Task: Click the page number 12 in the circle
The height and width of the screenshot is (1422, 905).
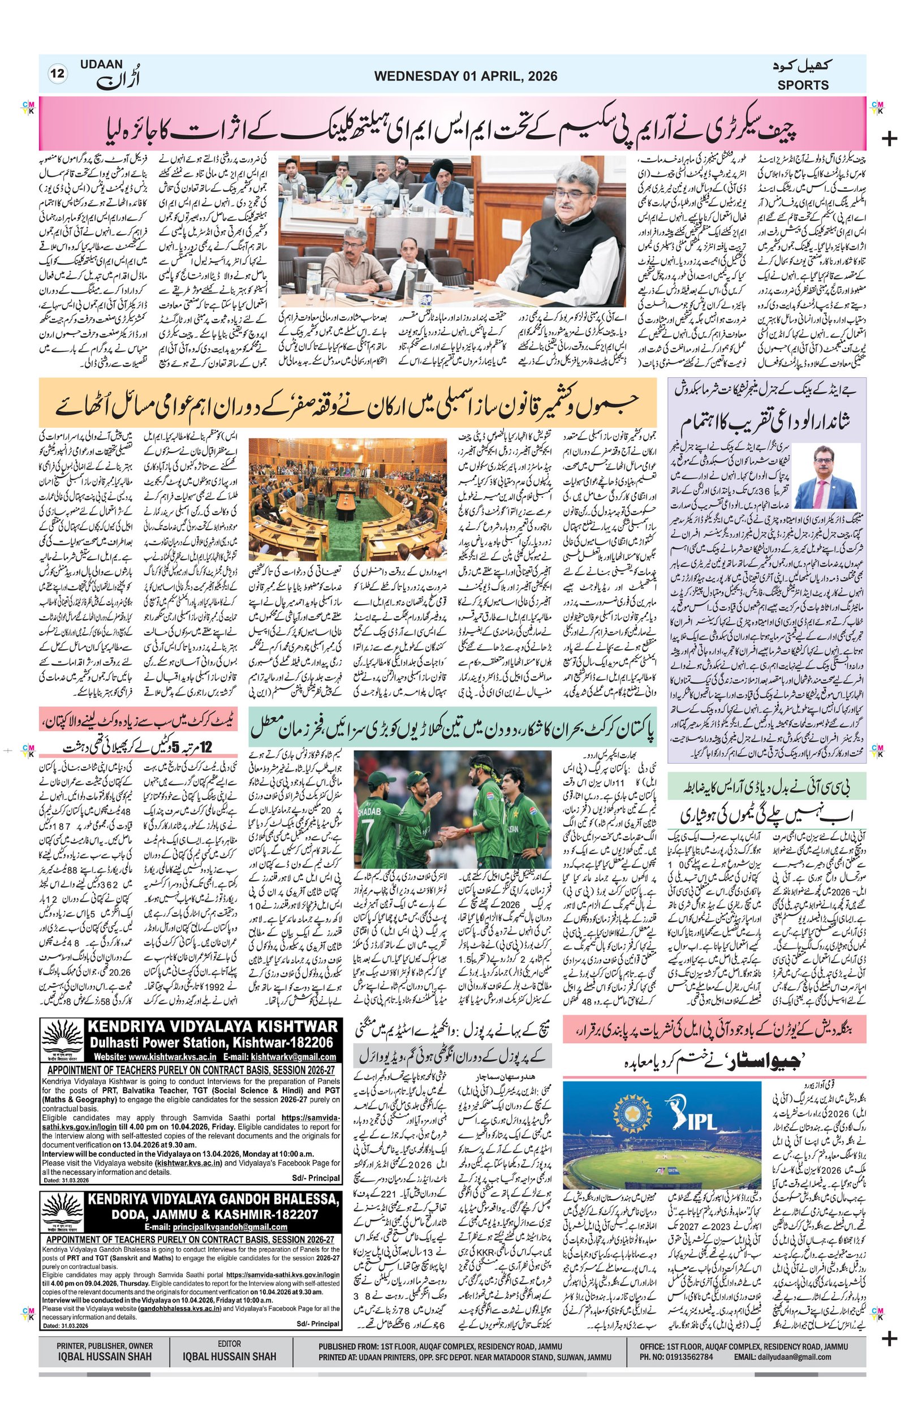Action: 58,74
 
